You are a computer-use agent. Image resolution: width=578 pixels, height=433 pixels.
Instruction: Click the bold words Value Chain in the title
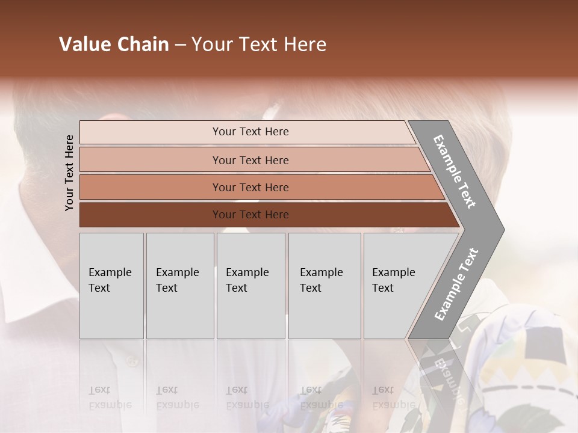pos(114,45)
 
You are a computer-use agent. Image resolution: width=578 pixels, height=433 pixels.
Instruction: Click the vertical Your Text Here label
pos(69,173)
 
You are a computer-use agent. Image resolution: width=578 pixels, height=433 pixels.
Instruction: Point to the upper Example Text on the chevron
pos(455,171)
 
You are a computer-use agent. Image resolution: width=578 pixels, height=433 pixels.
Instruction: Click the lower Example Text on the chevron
pos(456,284)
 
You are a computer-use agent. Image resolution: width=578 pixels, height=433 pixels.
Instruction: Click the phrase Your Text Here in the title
pos(259,45)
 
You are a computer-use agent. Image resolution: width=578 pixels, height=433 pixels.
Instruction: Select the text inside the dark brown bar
pos(250,215)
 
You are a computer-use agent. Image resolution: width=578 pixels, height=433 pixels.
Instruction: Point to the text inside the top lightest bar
pos(250,132)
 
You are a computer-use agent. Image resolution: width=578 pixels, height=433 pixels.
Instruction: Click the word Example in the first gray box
pos(110,272)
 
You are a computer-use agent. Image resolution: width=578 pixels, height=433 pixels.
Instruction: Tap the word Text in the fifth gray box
pos(383,288)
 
